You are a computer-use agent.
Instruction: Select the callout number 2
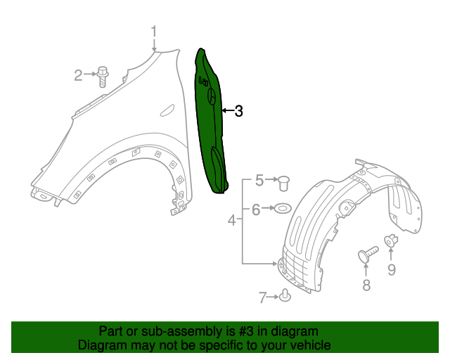pos(79,74)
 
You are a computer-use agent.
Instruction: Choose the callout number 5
pos(259,181)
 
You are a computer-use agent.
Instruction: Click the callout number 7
pos(263,297)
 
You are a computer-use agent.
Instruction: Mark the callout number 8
pos(366,284)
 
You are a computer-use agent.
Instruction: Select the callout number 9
pos(392,269)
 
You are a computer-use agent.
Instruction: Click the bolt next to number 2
pos(103,74)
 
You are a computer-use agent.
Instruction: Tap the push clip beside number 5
pos(284,182)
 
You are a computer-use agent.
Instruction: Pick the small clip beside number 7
pos(285,296)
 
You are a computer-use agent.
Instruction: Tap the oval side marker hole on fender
pos(167,109)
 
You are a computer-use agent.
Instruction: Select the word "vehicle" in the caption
pos(311,345)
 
